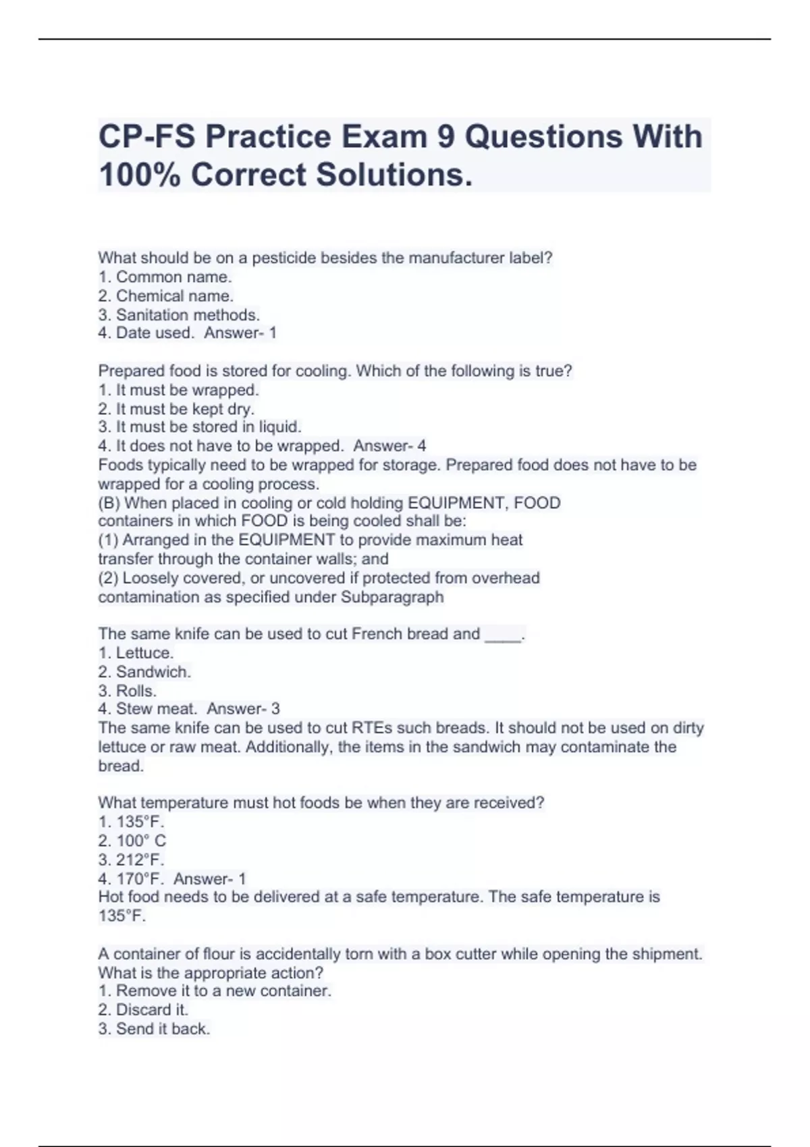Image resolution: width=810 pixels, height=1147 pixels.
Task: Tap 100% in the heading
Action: [x=139, y=175]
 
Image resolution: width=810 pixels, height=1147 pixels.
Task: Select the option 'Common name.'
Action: [x=173, y=277]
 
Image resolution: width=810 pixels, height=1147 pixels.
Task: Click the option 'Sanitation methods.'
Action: [x=188, y=314]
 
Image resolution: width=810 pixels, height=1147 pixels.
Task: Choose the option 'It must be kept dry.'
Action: [x=185, y=408]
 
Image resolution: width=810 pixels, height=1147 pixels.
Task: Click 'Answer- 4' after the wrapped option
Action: [x=389, y=446]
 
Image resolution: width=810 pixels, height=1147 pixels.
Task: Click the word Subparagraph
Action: [x=392, y=597]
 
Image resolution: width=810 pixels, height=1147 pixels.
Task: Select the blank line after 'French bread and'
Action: [x=503, y=635]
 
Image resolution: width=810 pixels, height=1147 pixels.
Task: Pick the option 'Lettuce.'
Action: [x=144, y=652]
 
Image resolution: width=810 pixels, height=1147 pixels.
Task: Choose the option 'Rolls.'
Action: [x=136, y=691]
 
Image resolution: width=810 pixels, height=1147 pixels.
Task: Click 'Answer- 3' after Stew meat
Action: [x=243, y=708]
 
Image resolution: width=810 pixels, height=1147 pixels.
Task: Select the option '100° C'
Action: [x=140, y=841]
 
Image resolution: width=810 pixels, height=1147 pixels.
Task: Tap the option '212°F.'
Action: [x=140, y=860]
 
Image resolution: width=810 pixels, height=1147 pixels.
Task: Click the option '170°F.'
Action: [x=140, y=878]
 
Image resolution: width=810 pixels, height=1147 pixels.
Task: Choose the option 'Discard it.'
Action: [x=152, y=1009]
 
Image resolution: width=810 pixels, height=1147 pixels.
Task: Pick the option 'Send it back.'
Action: [x=163, y=1029]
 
